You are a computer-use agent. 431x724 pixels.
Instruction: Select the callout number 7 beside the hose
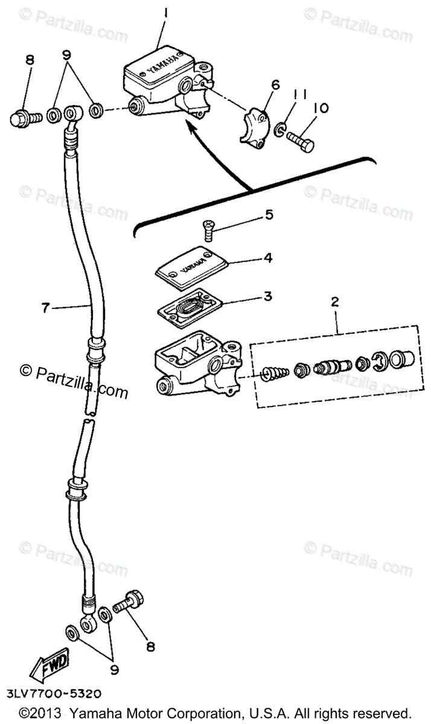(45, 308)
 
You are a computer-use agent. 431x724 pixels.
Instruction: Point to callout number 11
(301, 94)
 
